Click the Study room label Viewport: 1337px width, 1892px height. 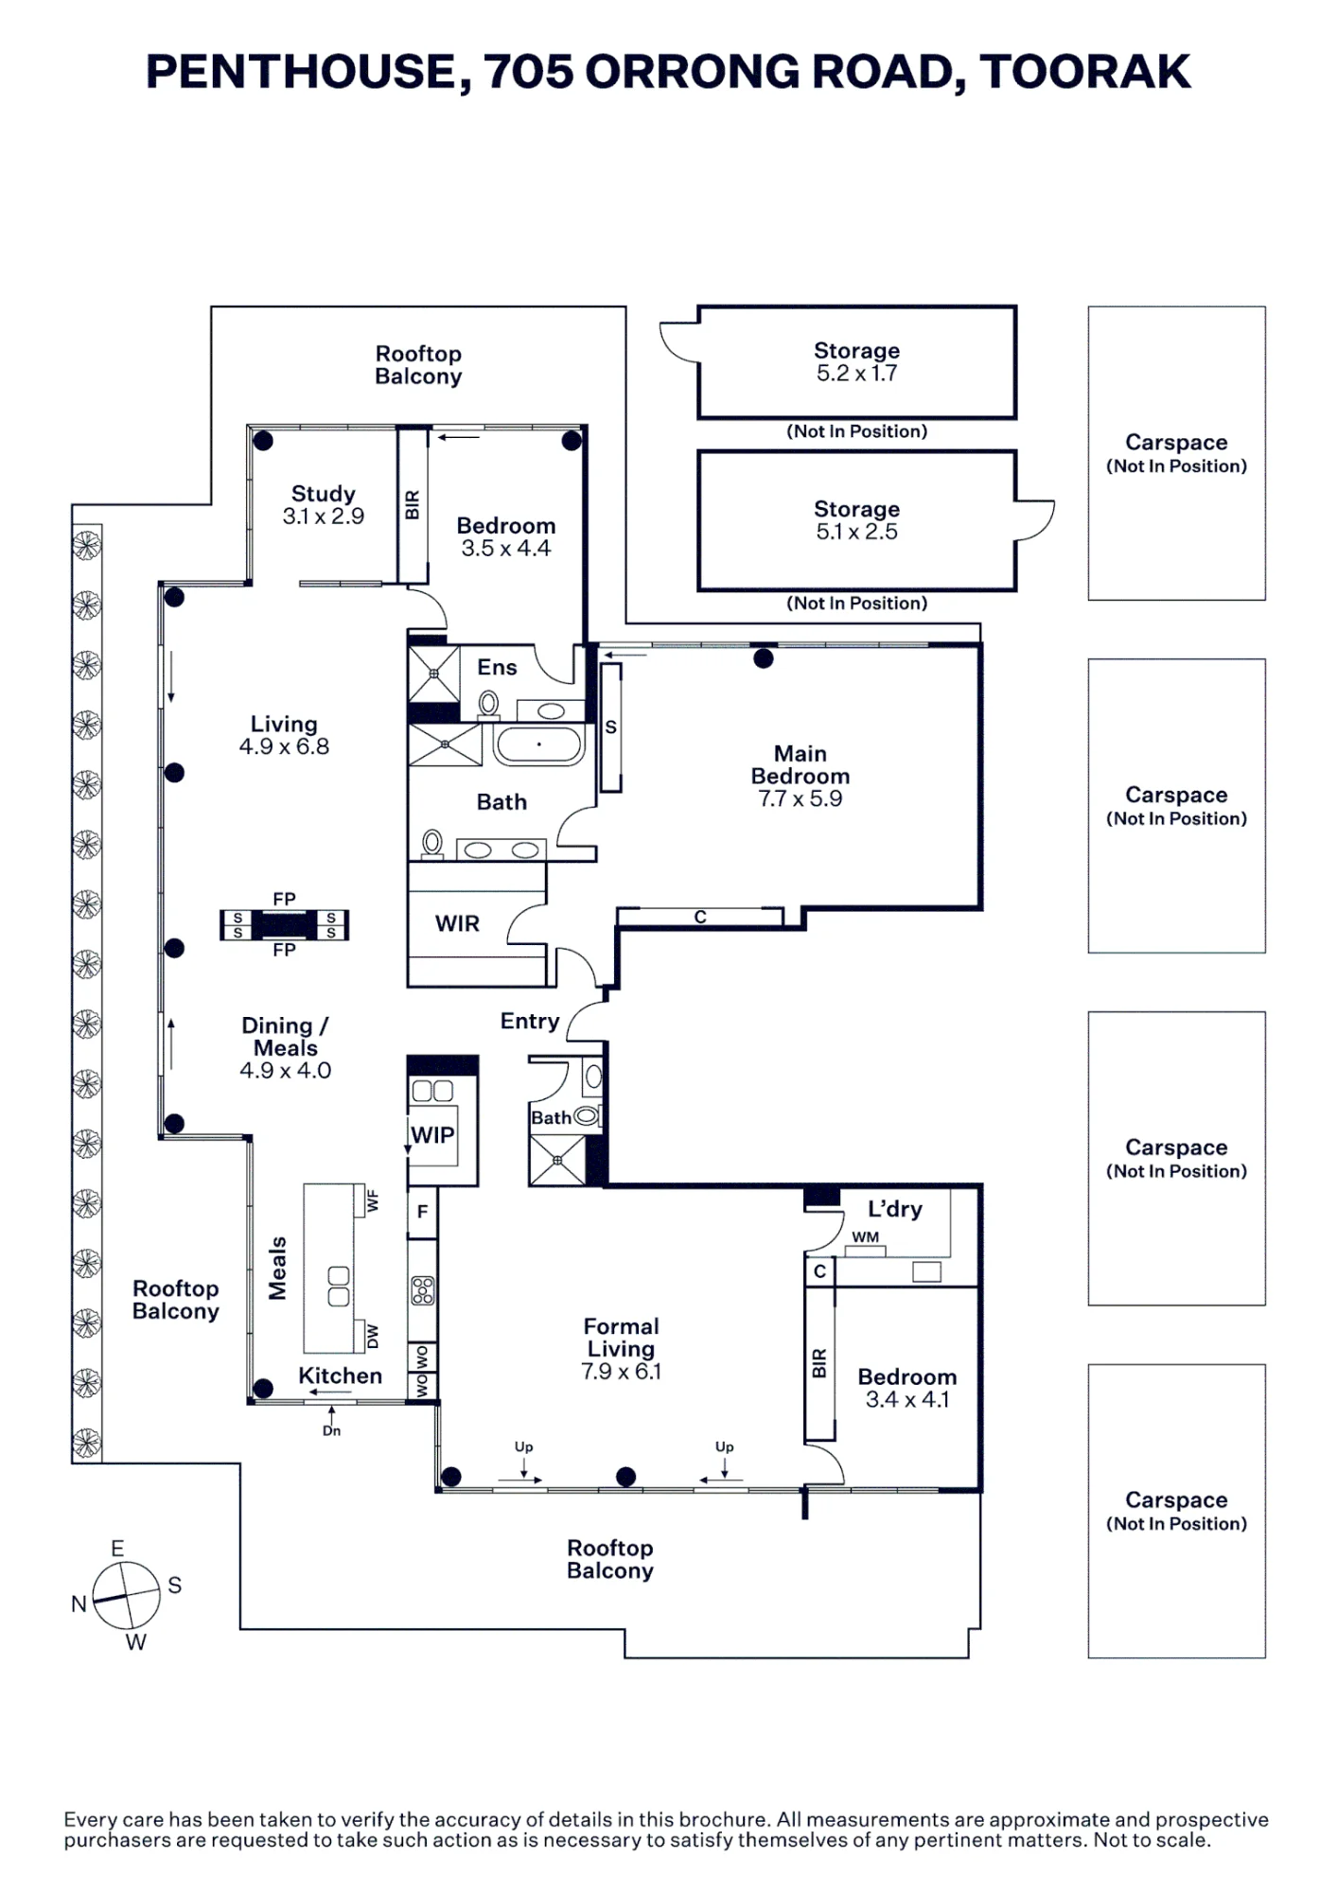[x=323, y=493]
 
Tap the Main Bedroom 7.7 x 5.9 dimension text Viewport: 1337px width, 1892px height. [x=800, y=798]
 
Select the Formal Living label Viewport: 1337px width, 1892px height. [x=621, y=1338]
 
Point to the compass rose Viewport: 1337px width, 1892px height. [x=126, y=1596]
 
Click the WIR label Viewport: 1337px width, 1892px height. [x=457, y=923]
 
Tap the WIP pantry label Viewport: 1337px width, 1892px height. [x=432, y=1134]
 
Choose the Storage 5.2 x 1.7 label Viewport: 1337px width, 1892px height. [x=856, y=361]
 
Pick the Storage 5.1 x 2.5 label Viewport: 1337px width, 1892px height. [x=856, y=520]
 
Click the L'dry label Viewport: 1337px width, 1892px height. [x=894, y=1209]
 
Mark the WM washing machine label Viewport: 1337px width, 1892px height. [x=865, y=1236]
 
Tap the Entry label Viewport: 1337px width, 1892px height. [x=530, y=1021]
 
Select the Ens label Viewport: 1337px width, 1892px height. [x=497, y=667]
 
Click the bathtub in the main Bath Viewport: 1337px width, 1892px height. [x=538, y=745]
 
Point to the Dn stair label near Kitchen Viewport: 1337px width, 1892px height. [x=331, y=1430]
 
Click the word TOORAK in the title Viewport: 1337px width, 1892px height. [x=1084, y=72]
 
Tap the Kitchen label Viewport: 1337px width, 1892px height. [x=340, y=1375]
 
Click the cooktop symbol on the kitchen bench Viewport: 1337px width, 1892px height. [x=423, y=1290]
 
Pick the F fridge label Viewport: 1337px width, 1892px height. [x=422, y=1211]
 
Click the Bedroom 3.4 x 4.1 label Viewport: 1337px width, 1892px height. [x=906, y=1388]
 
